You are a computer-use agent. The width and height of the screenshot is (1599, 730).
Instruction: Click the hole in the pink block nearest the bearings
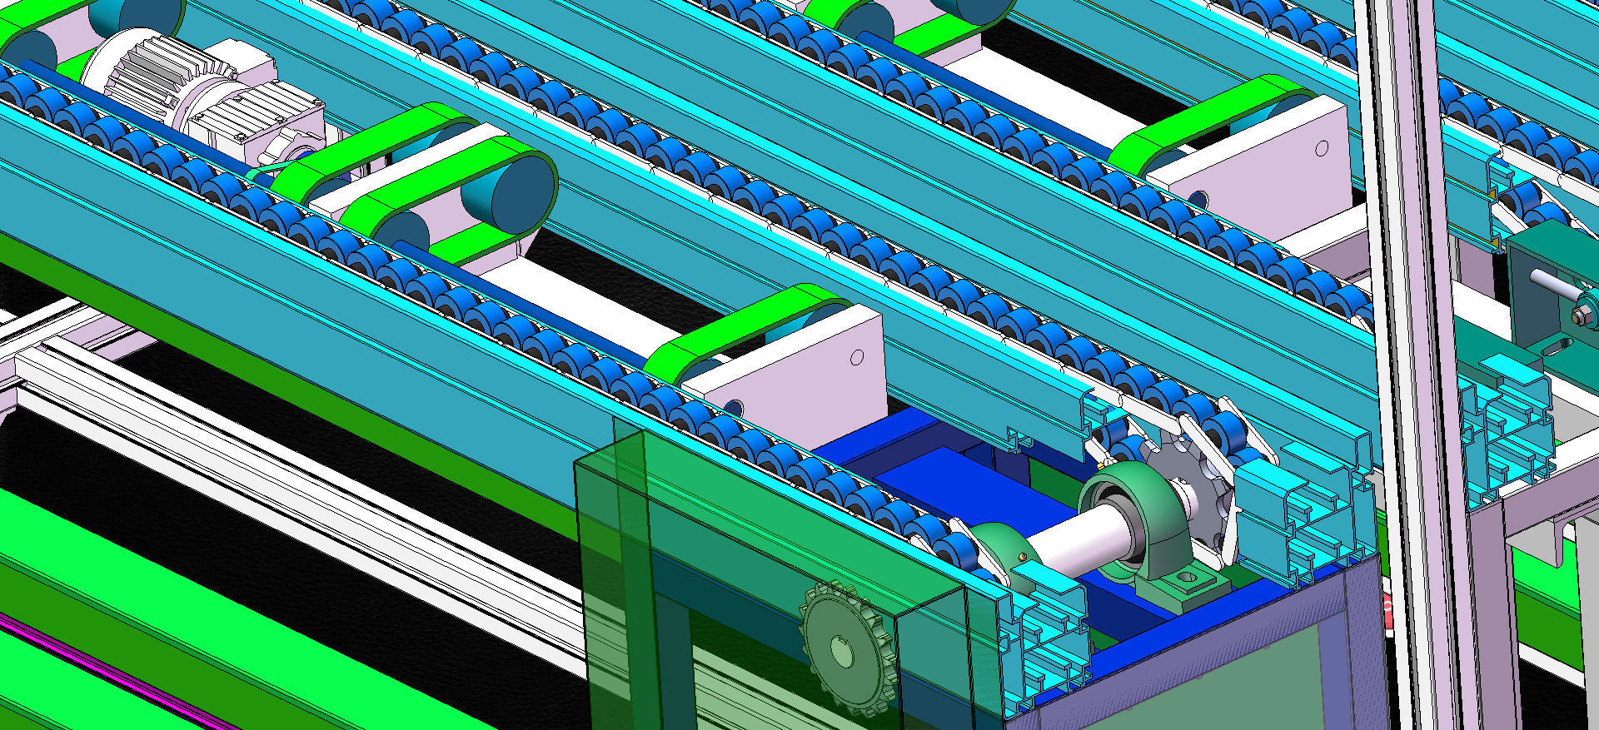pos(857,357)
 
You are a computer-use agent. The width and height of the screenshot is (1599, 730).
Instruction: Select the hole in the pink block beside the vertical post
pos(1322,148)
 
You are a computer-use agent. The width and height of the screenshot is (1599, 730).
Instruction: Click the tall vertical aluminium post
pos(1399,333)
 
